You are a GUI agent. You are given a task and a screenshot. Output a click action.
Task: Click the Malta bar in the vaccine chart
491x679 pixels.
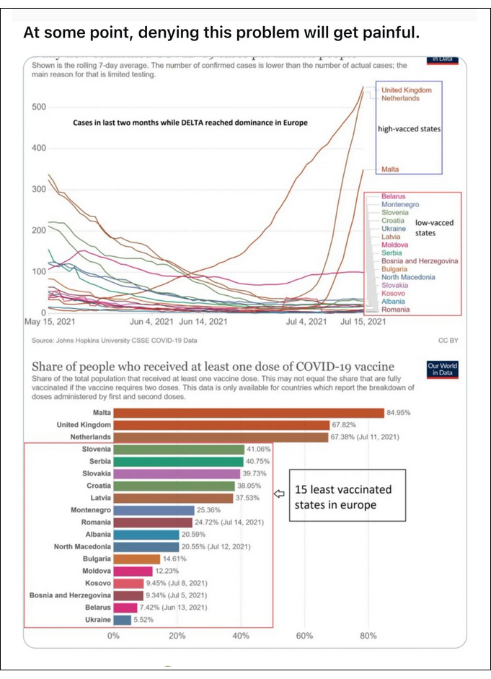point(248,413)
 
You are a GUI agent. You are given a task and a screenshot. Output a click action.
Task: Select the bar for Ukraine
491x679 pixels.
point(122,619)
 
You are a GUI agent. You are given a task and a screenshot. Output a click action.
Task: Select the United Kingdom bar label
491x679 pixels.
point(83,425)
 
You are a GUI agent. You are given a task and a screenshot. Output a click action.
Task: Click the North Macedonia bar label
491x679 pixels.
point(81,546)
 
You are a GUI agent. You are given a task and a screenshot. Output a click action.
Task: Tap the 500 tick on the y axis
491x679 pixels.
point(37,107)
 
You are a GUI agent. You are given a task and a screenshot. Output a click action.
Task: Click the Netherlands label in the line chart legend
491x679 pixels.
point(400,99)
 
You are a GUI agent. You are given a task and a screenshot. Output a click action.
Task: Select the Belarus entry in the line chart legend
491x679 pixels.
point(393,196)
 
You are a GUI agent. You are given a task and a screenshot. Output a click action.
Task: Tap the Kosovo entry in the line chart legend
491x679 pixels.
point(393,293)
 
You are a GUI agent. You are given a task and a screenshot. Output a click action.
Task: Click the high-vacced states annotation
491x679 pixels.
point(409,128)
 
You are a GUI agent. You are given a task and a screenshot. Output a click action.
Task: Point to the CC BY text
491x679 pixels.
point(448,338)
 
